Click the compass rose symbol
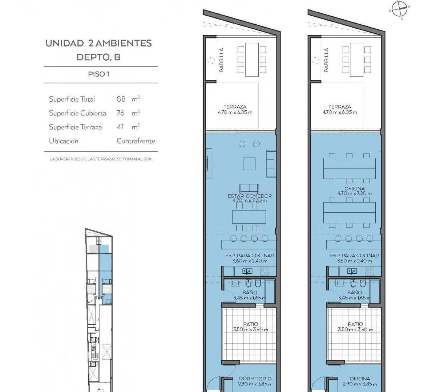[400, 9]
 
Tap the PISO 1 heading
[98, 74]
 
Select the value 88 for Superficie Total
[121, 99]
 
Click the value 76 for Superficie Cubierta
[121, 113]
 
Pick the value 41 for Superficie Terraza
[120, 127]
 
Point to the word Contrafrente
[136, 141]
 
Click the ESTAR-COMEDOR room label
[250, 196]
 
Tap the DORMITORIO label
[255, 379]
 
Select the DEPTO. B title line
[98, 57]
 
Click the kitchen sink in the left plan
[247, 271]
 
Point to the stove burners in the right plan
[370, 271]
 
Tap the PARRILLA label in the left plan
[221, 60]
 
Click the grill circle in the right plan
[316, 60]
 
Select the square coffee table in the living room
[249, 164]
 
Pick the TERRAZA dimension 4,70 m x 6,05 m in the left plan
[235, 112]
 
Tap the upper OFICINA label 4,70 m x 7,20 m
[355, 191]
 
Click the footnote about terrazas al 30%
[100, 159]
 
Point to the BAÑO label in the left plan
[250, 292]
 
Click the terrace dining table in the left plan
[252, 60]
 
